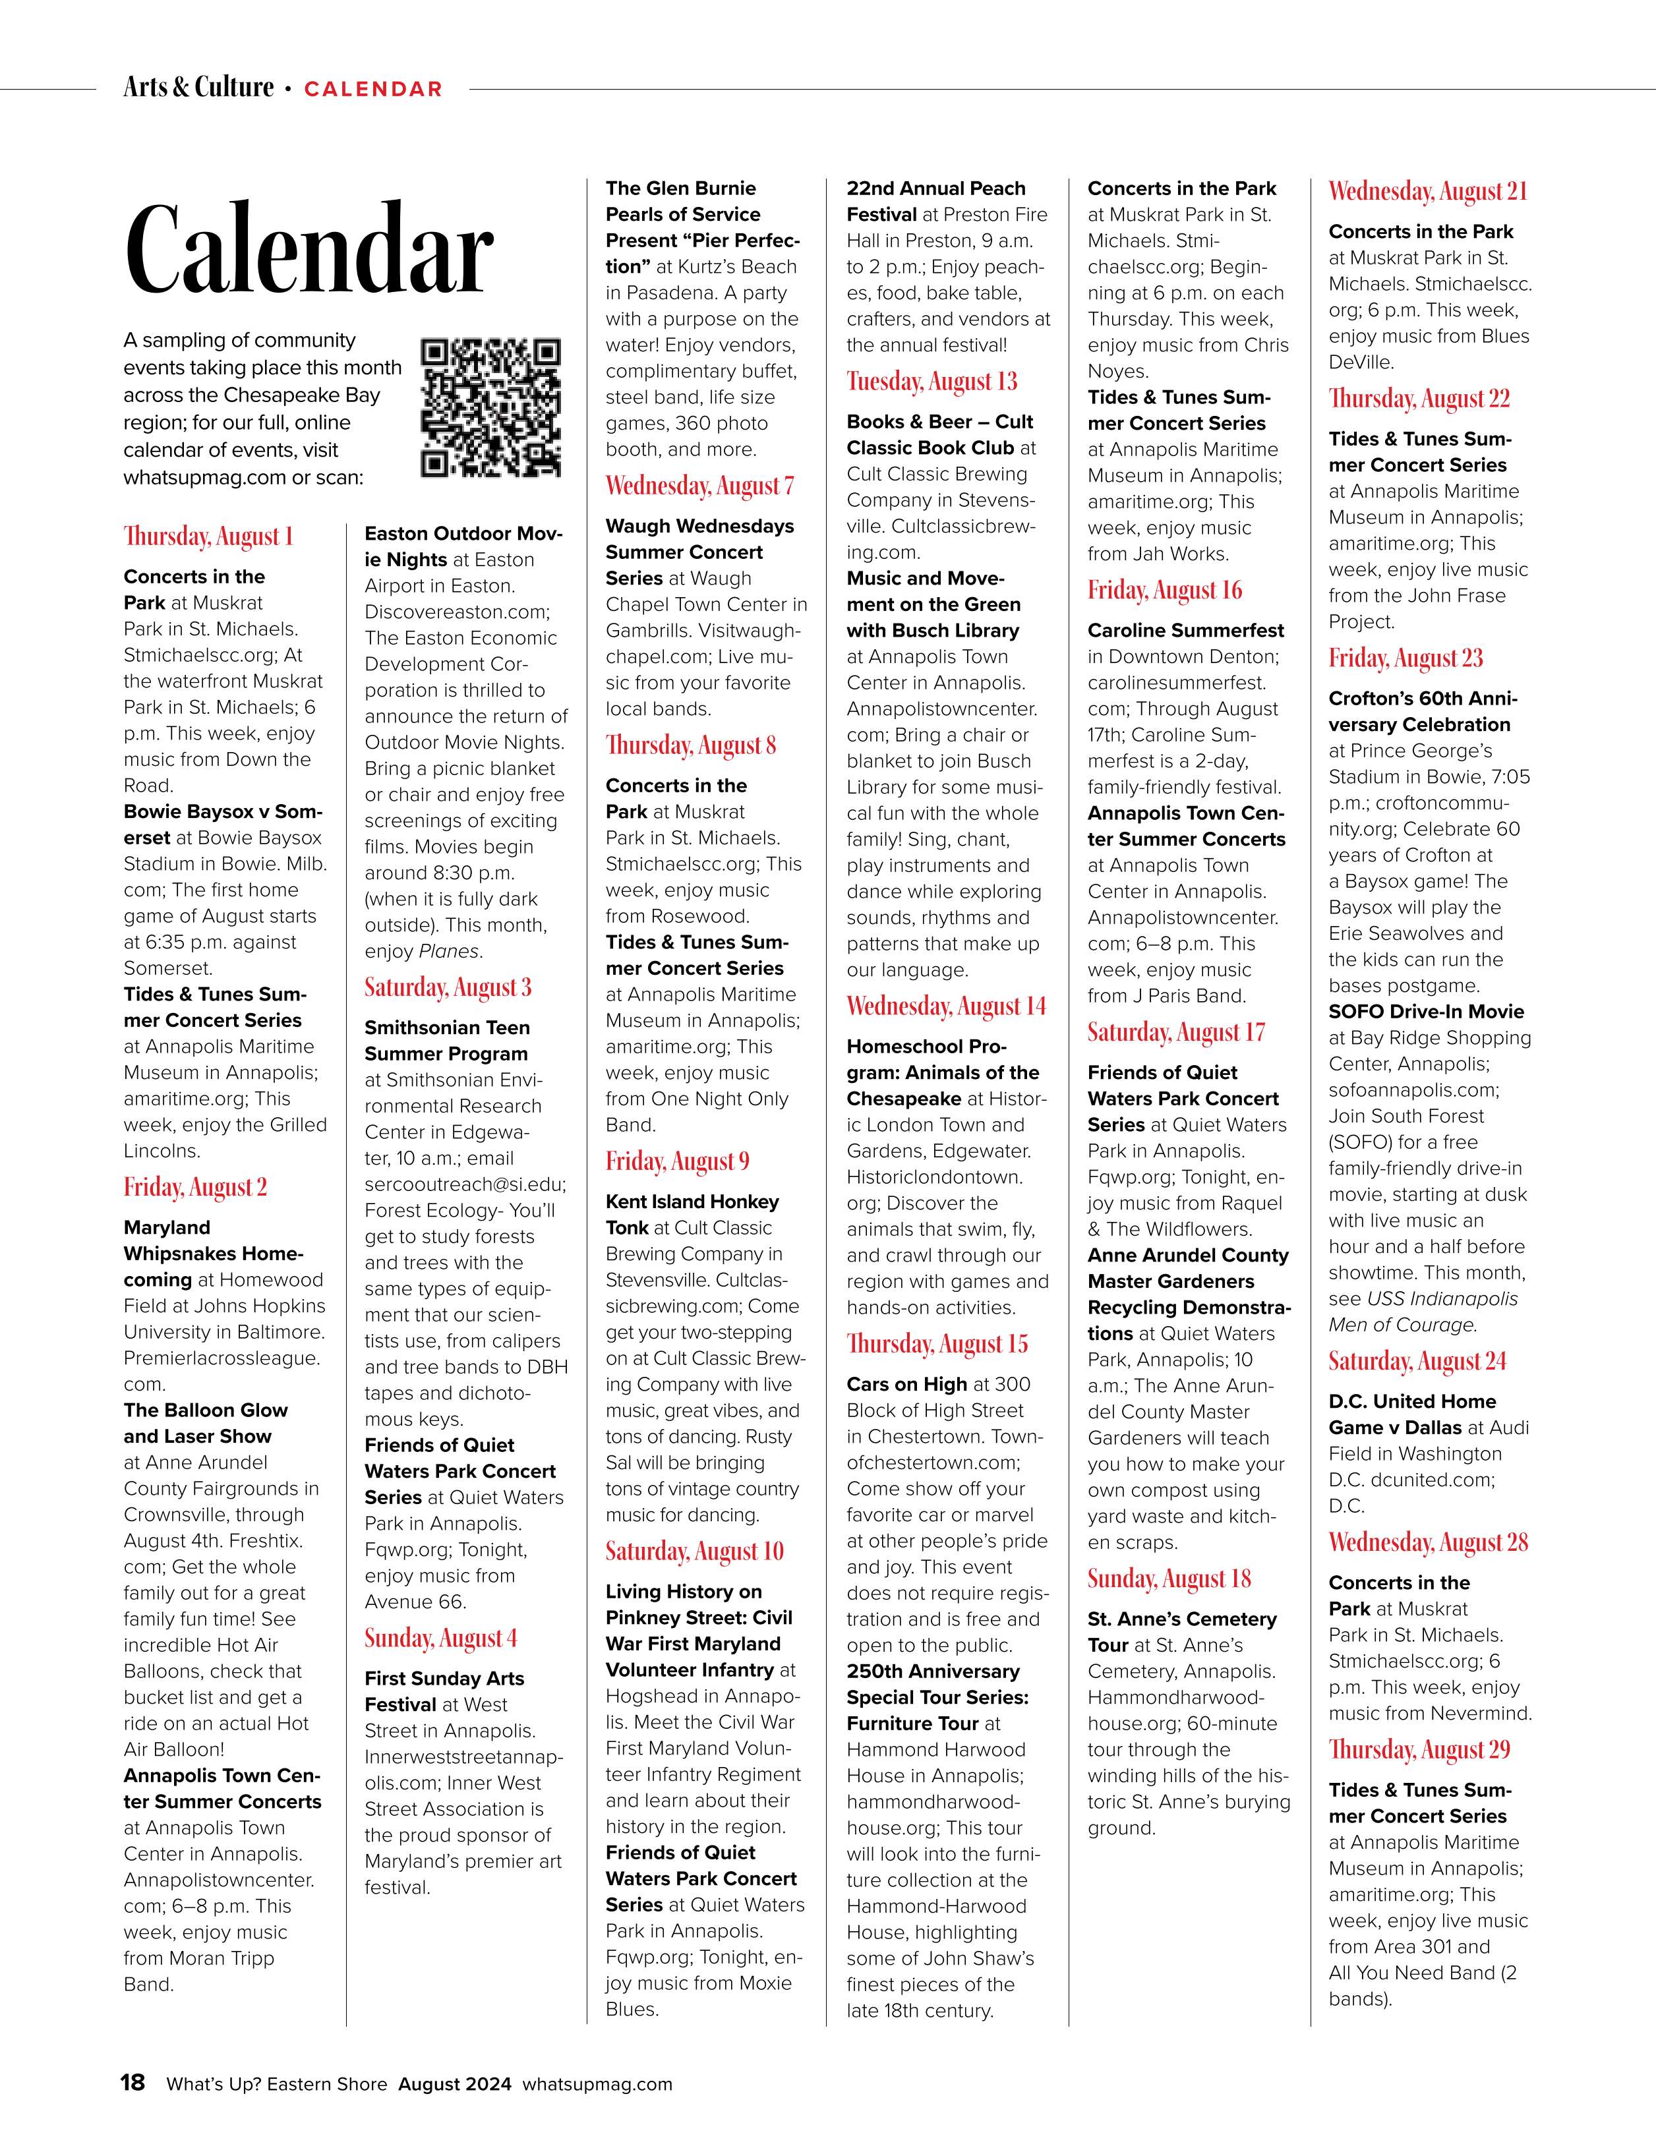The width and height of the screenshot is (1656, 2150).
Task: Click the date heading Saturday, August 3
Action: (x=448, y=987)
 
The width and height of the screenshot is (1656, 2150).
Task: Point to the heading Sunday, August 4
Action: (x=440, y=1638)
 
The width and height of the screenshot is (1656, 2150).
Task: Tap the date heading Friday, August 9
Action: (x=678, y=1161)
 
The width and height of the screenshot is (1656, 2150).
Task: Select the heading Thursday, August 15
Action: (x=937, y=1344)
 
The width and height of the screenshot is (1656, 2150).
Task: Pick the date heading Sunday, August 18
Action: (x=1169, y=1579)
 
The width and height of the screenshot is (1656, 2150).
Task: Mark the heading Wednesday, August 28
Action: (x=1428, y=1542)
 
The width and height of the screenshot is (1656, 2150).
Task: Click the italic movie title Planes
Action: (x=449, y=951)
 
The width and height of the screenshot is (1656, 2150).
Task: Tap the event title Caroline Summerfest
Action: (x=1185, y=630)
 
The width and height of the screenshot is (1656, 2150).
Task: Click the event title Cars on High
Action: (x=906, y=1384)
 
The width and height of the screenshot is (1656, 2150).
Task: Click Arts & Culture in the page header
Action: (x=198, y=88)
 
